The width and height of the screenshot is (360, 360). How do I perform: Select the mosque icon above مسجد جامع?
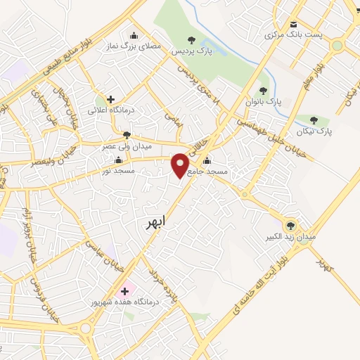tap(205, 161)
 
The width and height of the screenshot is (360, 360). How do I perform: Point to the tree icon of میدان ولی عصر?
tap(127, 135)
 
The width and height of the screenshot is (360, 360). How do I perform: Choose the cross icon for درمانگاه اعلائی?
tap(110, 99)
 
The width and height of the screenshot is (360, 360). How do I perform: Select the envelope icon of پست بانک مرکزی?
tap(293, 24)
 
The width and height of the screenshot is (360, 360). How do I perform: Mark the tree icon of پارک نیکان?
tap(324, 120)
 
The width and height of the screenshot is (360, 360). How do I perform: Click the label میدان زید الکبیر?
tap(290, 237)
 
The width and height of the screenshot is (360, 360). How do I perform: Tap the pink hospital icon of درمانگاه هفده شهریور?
tap(126, 290)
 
